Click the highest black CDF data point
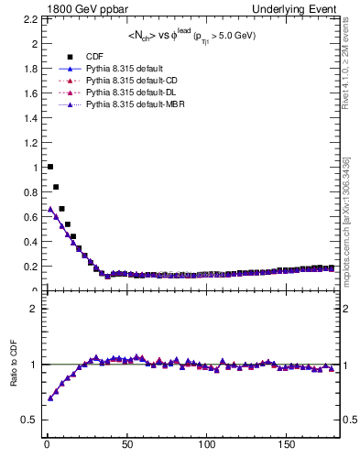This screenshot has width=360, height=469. point(49,167)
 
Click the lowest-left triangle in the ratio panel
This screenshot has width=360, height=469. point(49,398)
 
